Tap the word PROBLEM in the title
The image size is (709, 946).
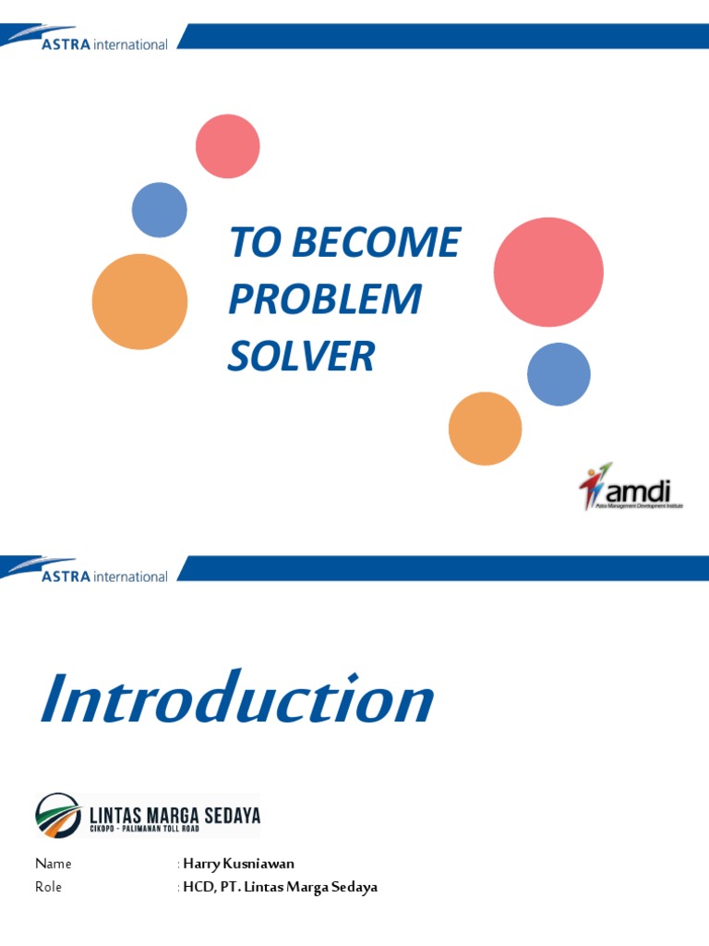click(324, 299)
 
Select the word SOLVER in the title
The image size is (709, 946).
click(301, 357)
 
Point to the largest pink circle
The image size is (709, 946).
click(548, 272)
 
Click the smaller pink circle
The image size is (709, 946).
click(227, 146)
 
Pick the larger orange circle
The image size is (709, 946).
click(139, 301)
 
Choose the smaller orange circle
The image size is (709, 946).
click(485, 429)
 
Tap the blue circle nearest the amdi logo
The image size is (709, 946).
click(559, 374)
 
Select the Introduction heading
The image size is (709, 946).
click(236, 701)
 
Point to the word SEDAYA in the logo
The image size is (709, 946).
click(234, 815)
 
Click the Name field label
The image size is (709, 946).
click(53, 864)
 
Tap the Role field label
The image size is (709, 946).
click(49, 887)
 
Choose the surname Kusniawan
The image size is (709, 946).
click(261, 864)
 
